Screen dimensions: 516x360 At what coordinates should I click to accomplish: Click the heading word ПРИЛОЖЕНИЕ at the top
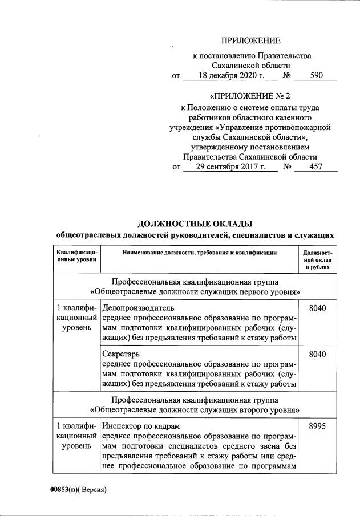251,40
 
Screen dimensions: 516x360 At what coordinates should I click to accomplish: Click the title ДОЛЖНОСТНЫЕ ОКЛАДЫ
195,223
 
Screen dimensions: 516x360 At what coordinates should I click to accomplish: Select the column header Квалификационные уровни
76,255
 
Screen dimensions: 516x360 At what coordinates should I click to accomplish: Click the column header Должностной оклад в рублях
317,259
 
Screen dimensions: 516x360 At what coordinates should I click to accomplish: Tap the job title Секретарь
122,354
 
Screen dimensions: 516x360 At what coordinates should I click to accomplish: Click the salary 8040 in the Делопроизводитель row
317,308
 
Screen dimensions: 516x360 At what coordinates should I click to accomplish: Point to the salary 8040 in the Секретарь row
317,354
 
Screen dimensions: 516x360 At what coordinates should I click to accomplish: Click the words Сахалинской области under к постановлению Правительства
251,66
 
